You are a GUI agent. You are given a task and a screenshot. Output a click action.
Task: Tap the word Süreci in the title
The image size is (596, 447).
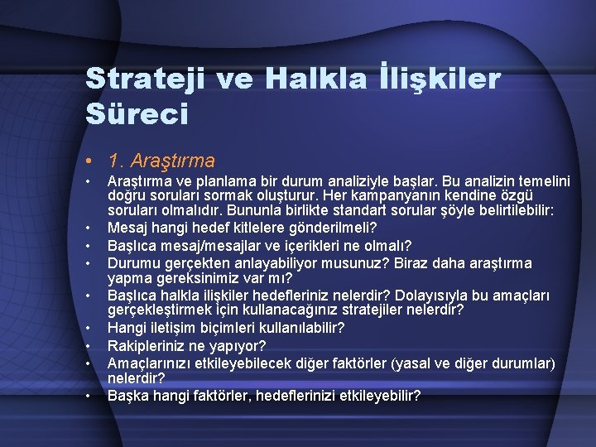pyautogui.click(x=137, y=114)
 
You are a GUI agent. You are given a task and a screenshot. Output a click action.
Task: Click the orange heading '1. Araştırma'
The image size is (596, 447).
pyautogui.click(x=161, y=160)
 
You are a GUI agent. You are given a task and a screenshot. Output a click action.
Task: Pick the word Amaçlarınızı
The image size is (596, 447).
pyautogui.click(x=152, y=362)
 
